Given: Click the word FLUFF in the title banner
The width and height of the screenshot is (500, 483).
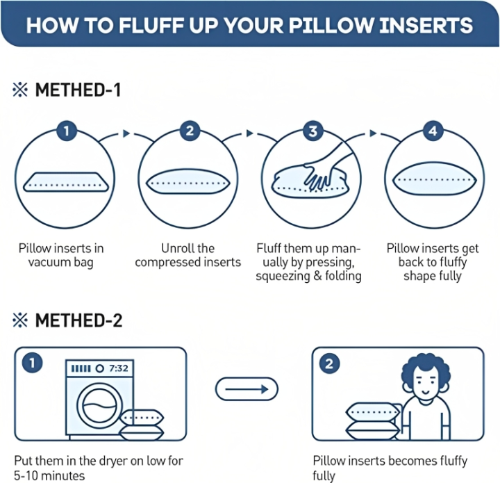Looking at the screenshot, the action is pos(152,25).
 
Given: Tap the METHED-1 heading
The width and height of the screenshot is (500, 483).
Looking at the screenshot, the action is pos(78,90).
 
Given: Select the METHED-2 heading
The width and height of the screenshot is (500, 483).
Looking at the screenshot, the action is pos(78,320).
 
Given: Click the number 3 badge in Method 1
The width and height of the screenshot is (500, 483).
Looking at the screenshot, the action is pos(312,131).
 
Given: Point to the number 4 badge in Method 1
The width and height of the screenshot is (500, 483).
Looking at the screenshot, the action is pos(433,131).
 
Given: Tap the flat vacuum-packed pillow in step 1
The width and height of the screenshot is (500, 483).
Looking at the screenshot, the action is pos(66,182).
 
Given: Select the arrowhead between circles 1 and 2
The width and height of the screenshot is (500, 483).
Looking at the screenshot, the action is pos(126,133).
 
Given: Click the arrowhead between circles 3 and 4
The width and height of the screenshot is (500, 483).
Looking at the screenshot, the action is pos(373,133).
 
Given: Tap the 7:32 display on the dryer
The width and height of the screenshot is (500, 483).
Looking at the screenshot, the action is pos(118,368).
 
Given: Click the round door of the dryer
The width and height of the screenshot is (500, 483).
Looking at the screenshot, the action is pos(99,405).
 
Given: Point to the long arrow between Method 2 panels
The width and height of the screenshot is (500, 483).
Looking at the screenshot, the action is pos(247,389).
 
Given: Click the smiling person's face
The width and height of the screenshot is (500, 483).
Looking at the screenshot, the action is pos(426,385).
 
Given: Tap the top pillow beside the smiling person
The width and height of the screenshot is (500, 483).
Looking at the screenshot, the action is pos(372,412).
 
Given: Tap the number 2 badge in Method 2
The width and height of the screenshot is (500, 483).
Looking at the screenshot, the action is pos(329,363).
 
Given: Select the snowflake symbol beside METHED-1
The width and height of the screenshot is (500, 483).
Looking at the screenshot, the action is pos(20,90).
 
